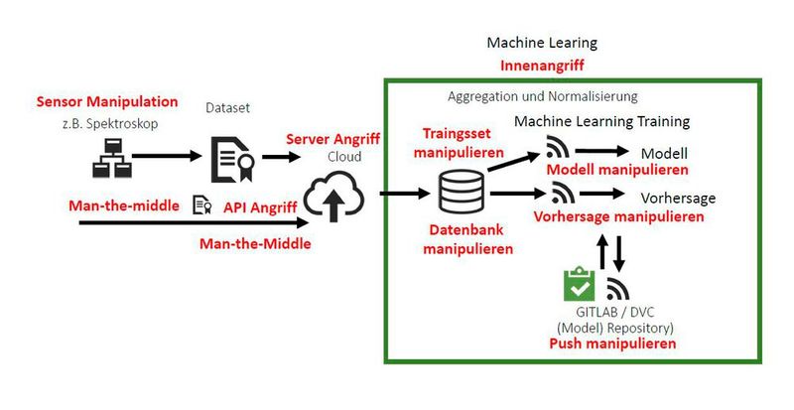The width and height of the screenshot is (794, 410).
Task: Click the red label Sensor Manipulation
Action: [107, 102]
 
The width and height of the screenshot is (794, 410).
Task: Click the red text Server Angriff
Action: [333, 141]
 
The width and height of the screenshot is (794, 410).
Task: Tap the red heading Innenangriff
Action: [541, 67]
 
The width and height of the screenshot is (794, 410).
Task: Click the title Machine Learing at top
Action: [542, 44]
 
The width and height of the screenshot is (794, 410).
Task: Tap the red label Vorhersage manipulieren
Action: [618, 215]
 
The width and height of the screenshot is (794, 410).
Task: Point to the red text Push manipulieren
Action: [612, 343]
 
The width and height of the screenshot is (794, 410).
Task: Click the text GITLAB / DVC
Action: [615, 311]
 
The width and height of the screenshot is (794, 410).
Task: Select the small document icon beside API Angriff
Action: [201, 205]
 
